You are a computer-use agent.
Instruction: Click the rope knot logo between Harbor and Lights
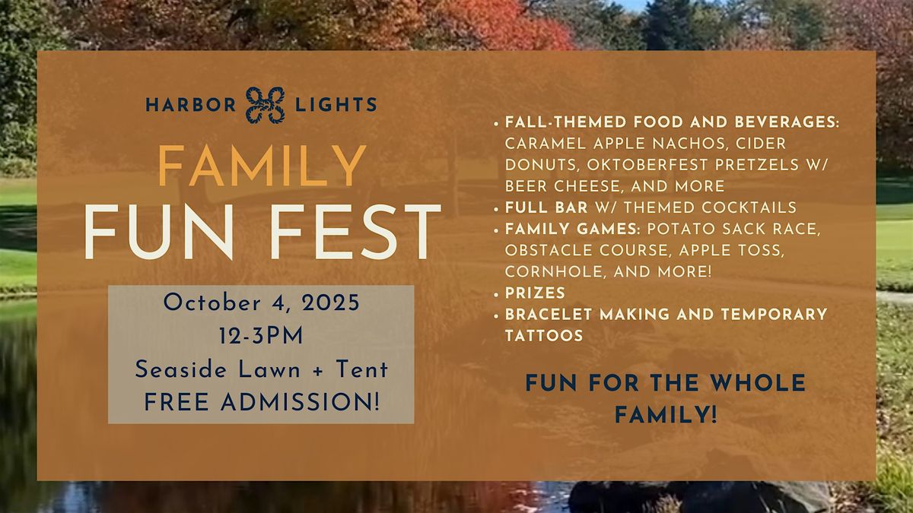(x=266, y=105)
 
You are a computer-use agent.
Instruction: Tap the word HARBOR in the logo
(x=191, y=105)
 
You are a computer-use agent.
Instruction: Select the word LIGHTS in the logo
(x=336, y=105)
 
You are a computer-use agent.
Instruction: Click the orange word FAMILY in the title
(x=262, y=166)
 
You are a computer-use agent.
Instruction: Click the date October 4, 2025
(x=261, y=303)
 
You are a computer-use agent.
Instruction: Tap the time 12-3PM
(x=261, y=336)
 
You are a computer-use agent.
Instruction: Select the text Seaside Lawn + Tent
(x=261, y=369)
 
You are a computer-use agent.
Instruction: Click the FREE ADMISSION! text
(x=262, y=402)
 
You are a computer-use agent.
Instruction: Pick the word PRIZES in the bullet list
(x=535, y=293)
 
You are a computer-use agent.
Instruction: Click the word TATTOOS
(x=544, y=336)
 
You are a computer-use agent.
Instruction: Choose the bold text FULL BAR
(x=546, y=207)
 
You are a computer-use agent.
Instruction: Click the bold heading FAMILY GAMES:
(x=573, y=229)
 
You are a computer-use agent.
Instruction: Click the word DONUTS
(x=542, y=165)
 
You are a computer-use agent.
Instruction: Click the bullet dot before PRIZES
(x=496, y=294)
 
